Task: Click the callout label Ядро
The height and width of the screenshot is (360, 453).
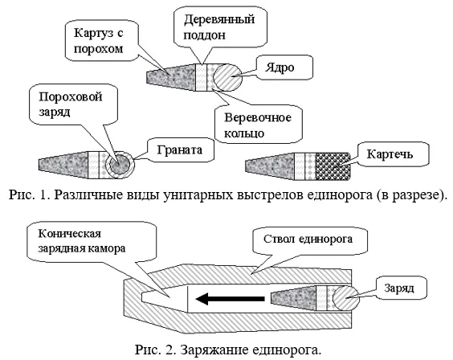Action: tap(284, 67)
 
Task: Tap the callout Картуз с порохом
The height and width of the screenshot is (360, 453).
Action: tap(102, 40)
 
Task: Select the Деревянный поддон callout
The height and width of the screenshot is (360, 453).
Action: tap(220, 27)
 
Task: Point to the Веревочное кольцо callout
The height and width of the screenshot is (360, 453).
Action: tap(259, 125)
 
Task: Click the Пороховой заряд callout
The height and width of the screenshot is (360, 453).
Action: tap(74, 104)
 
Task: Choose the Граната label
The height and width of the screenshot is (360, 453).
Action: tap(181, 149)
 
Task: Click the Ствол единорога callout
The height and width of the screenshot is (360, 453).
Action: tap(310, 240)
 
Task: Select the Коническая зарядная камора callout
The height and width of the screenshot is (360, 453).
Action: tap(92, 242)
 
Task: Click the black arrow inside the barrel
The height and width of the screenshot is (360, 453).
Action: tap(231, 299)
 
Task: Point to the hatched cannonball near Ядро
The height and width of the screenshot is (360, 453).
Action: tap(227, 77)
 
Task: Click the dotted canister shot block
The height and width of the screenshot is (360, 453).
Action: tap(333, 166)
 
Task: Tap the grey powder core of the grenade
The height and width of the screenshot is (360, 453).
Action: tap(120, 165)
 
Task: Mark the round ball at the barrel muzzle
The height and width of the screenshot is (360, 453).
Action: tap(346, 298)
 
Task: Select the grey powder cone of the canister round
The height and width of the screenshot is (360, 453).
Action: tap(270, 166)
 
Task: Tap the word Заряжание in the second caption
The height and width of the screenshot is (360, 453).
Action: tap(214, 350)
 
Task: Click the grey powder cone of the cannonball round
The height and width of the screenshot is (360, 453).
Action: tap(172, 77)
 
